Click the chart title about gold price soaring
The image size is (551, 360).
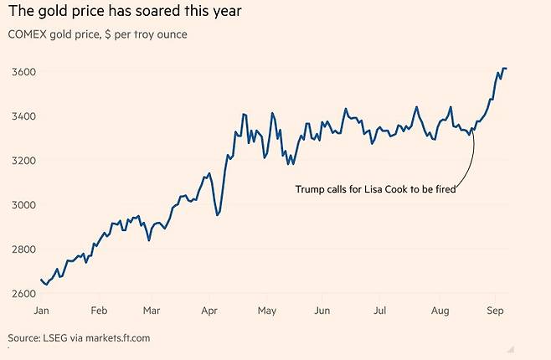[126, 12]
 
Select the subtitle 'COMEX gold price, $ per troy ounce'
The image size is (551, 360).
[97, 34]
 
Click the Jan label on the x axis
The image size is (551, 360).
[42, 311]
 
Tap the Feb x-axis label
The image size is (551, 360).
[99, 311]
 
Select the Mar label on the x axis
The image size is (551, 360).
[152, 311]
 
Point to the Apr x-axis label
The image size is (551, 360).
[209, 311]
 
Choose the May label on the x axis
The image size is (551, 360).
[266, 311]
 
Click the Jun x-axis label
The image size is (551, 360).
[323, 311]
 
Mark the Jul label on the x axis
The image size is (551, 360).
[379, 311]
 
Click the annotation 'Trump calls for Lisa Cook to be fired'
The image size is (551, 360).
[376, 189]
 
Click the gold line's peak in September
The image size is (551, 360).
[504, 68]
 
